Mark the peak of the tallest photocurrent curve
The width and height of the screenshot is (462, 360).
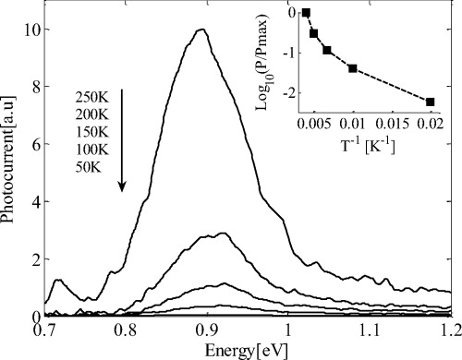coord(200,30)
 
